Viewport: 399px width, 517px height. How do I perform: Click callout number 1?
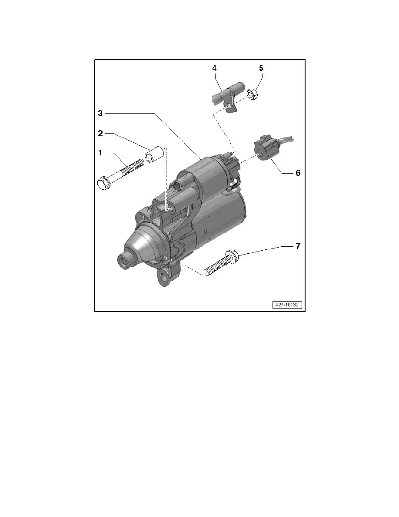[100, 153]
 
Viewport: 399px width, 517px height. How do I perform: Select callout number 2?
[100, 134]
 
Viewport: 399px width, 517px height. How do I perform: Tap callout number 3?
[100, 113]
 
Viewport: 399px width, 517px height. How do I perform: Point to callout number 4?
[214, 68]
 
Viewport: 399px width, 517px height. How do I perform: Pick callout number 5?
[261, 68]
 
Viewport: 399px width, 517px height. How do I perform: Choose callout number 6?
[298, 173]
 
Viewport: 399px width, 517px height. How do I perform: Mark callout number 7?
[298, 246]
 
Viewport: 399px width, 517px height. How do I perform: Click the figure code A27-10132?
[287, 305]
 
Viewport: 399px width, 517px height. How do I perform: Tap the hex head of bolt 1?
[103, 182]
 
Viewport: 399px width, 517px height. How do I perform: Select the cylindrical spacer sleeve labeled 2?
[155, 154]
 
